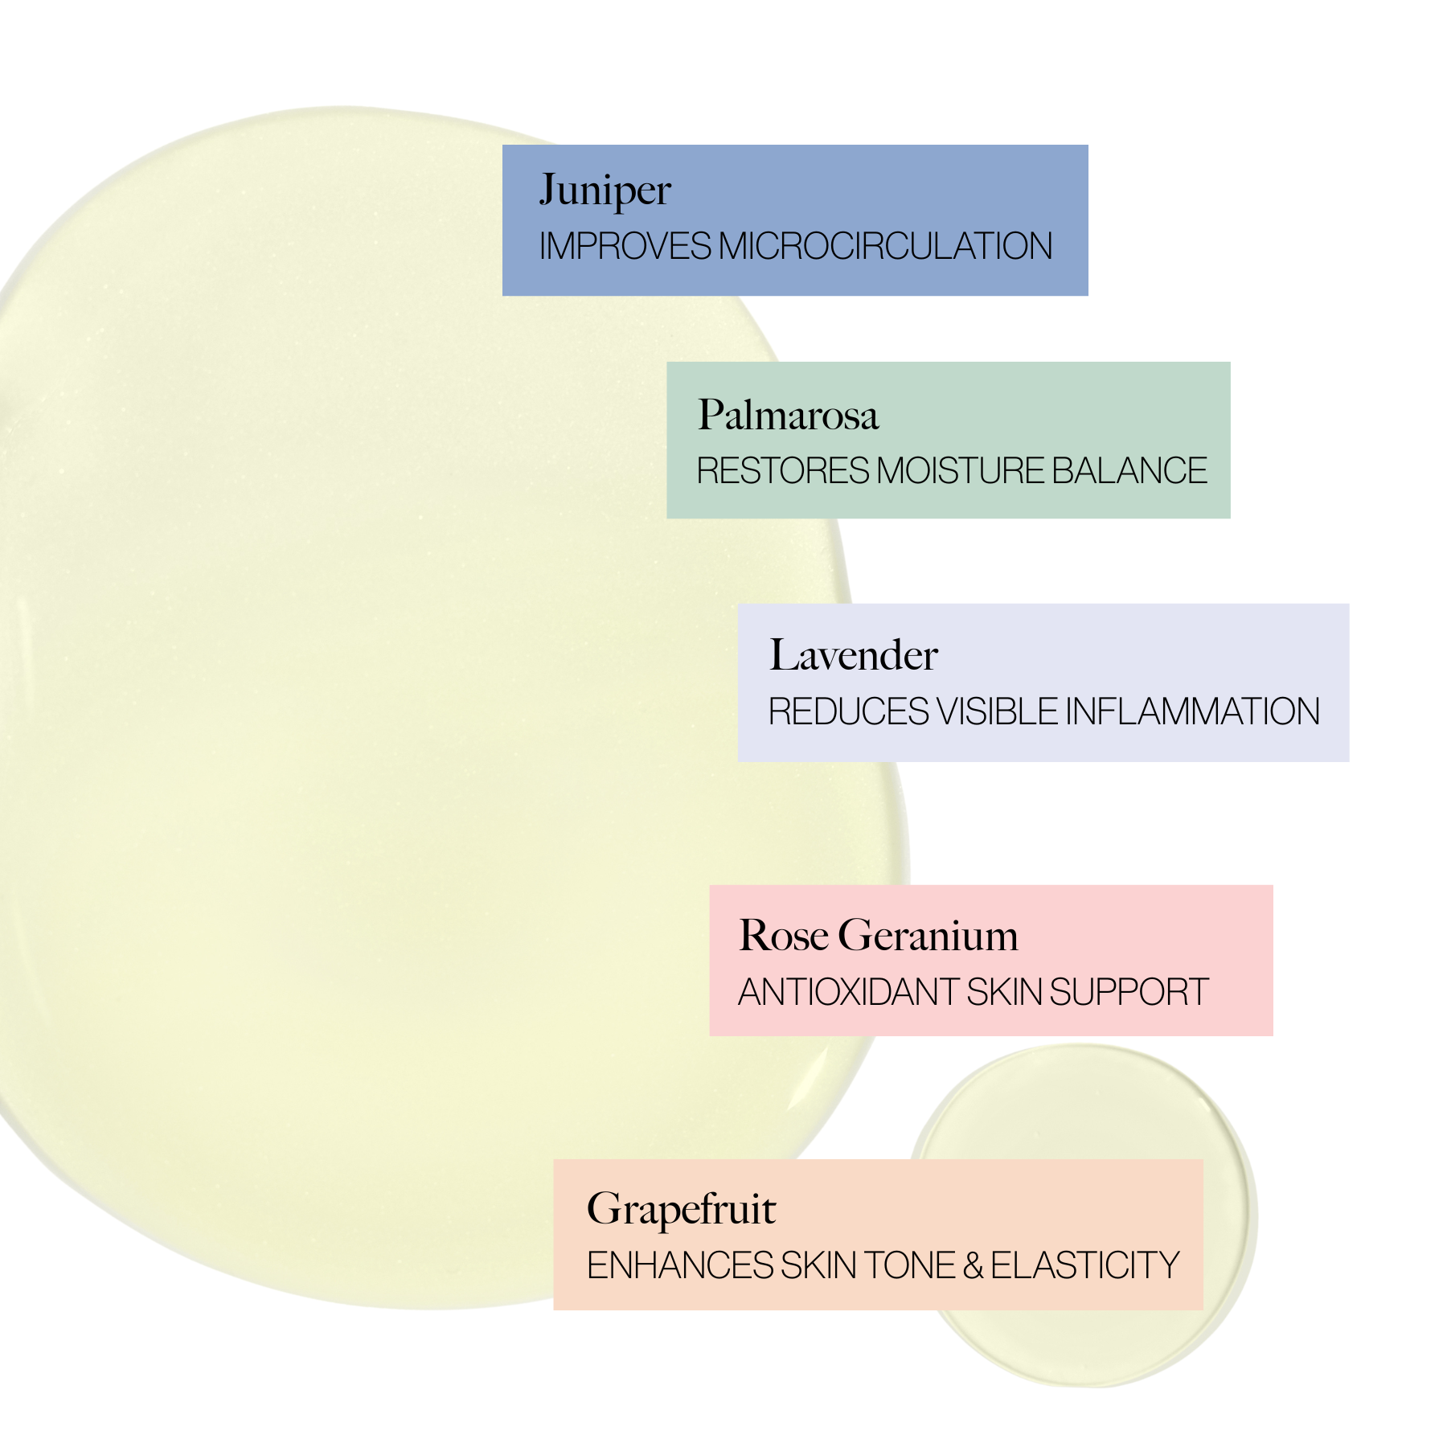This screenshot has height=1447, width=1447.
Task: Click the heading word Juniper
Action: coord(605,191)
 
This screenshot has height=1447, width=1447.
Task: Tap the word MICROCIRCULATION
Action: coord(885,247)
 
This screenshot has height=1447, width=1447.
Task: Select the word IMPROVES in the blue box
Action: coord(625,247)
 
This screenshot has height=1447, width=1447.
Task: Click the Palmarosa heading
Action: coord(788,416)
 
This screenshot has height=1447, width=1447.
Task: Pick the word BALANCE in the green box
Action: coord(1129,471)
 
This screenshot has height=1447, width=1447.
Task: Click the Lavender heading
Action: coord(853,655)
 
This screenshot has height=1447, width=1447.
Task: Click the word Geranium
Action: coord(928,936)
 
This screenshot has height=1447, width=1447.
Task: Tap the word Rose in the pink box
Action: coord(783,936)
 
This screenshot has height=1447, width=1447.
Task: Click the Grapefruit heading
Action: coord(681,1210)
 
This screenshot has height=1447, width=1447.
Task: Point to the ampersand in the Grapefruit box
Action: coord(973,1266)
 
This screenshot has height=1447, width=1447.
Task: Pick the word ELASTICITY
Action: coord(1084,1266)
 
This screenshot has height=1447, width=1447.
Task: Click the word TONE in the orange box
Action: coord(911,1266)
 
